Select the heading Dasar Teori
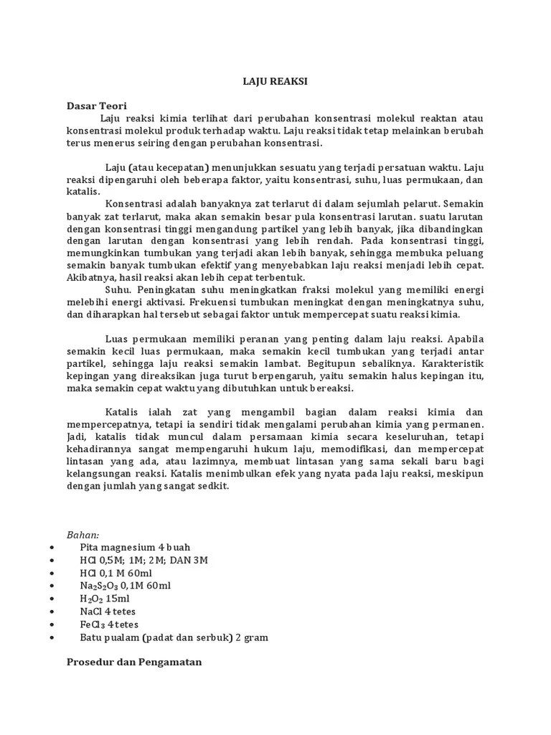click(x=96, y=106)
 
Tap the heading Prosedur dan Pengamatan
click(x=134, y=663)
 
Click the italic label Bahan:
click(x=83, y=534)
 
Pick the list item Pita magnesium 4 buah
click(x=136, y=547)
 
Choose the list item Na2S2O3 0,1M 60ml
click(x=126, y=586)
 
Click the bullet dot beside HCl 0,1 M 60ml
click(x=53, y=573)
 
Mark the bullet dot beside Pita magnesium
click(x=53, y=547)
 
